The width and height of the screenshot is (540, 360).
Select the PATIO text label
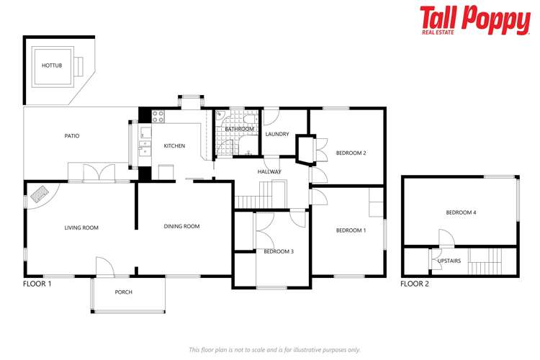coord(71,135)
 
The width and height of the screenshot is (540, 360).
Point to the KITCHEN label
coord(174,145)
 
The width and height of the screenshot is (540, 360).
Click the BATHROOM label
coord(240,130)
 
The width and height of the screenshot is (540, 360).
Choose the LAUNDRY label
coord(277,134)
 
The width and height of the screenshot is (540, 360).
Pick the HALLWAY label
coord(269,171)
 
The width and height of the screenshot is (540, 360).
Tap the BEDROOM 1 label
coord(351,230)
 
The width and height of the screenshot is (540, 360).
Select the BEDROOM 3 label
coord(278,251)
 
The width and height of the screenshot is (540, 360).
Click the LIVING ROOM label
coord(81,228)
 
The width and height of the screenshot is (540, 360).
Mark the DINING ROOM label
coord(182,226)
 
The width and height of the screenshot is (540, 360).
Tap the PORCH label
coord(124,292)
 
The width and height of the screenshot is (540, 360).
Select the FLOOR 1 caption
coord(37,284)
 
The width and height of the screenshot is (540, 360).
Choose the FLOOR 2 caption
coord(415,284)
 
